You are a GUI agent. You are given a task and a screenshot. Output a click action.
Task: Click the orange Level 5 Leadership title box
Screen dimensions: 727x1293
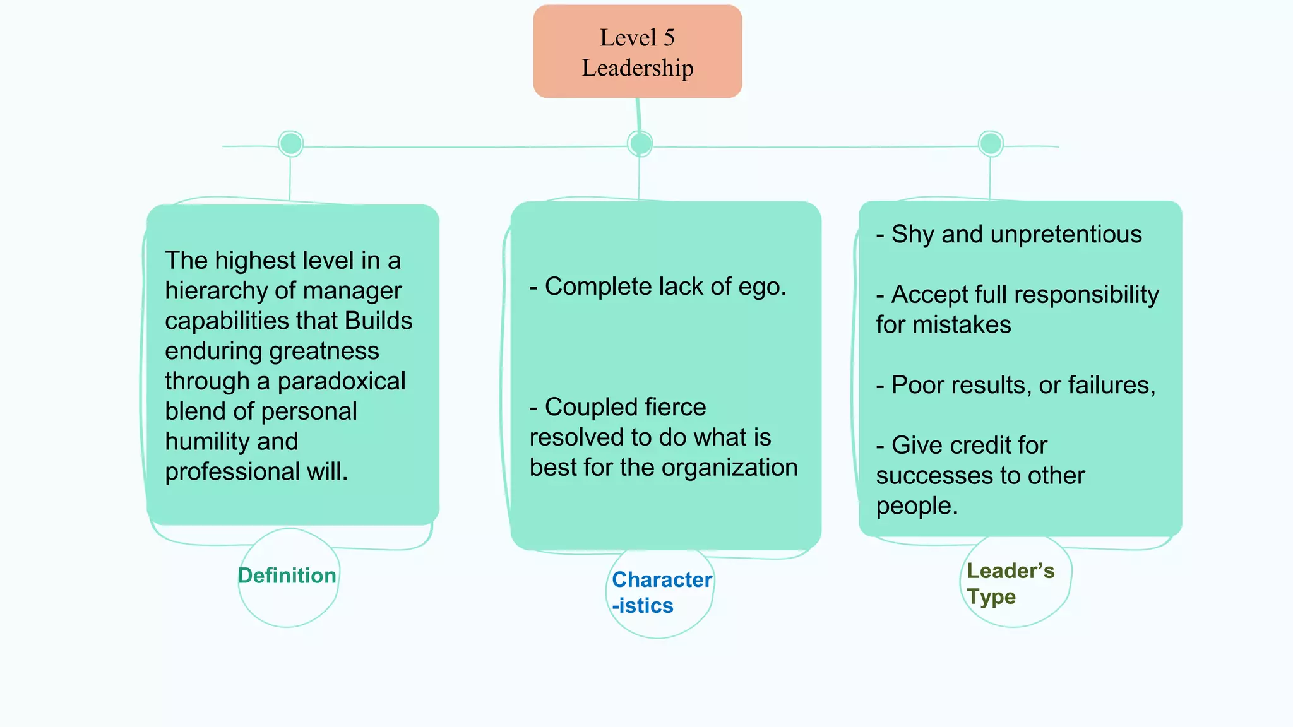pos(637,52)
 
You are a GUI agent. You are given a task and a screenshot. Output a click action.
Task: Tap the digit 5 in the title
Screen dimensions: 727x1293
pos(669,38)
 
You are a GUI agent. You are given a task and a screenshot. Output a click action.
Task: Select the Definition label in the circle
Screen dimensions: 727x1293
pos(287,576)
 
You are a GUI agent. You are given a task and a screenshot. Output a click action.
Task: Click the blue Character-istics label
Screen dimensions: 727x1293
pos(660,593)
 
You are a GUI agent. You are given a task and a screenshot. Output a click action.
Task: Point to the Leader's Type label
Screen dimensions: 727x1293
pos(1010,584)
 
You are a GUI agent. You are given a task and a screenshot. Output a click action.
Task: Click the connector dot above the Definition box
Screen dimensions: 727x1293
pos(290,144)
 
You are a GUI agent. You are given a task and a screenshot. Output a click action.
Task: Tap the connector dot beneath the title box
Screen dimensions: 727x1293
pos(640,144)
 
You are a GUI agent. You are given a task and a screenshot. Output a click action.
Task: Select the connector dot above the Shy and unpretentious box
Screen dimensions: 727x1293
pos(990,144)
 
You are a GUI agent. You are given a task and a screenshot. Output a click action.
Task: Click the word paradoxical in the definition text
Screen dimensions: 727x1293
pos(341,381)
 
